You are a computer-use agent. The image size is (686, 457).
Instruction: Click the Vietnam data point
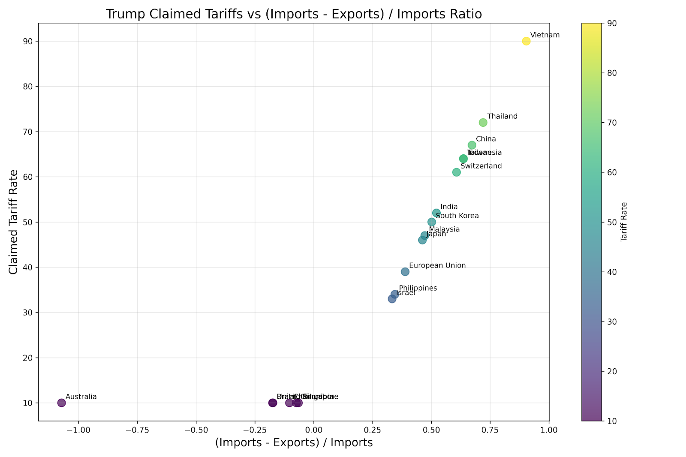pyautogui.click(x=526, y=41)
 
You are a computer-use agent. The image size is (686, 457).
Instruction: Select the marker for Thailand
pyautogui.click(x=483, y=123)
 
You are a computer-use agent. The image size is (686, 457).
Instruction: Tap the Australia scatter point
pyautogui.click(x=61, y=403)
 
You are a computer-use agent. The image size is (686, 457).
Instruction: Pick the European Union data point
pyautogui.click(x=405, y=272)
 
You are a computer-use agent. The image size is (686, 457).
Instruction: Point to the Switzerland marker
pyautogui.click(x=456, y=172)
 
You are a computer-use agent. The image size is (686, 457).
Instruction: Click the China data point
pyautogui.click(x=472, y=145)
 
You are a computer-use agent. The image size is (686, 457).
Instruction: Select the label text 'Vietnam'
pyautogui.click(x=545, y=35)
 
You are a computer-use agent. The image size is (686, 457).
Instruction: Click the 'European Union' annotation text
pyautogui.click(x=437, y=266)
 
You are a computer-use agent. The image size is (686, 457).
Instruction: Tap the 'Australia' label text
pyautogui.click(x=81, y=397)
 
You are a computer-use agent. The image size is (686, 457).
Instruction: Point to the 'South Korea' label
pyautogui.click(x=457, y=216)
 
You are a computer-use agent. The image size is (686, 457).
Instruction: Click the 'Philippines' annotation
pyautogui.click(x=418, y=289)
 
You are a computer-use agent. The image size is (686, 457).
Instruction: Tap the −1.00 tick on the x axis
pyautogui.click(x=78, y=430)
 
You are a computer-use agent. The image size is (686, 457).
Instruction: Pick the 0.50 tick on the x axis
pyautogui.click(x=431, y=430)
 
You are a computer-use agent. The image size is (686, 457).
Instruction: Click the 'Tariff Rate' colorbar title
pyautogui.click(x=624, y=222)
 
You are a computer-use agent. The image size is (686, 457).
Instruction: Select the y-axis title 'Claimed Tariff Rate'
pyautogui.click(x=14, y=222)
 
